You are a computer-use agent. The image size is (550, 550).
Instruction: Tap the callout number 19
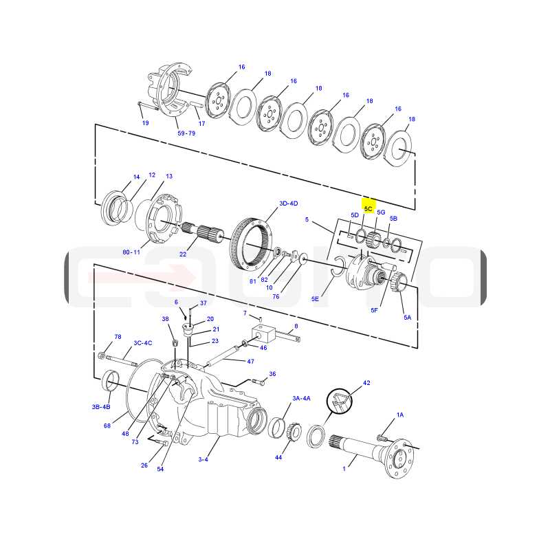coord(145,123)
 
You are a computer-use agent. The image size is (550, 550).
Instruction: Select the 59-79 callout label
coord(186,133)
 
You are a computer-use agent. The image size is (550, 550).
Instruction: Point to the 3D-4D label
coord(288,203)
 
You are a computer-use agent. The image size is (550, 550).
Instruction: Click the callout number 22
coord(183,254)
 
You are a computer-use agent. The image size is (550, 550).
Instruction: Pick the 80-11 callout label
coord(131,252)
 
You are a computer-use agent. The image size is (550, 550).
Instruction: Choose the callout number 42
coord(366,383)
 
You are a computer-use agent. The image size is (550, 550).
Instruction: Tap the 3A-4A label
coord(301,398)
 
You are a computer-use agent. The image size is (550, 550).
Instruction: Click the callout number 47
coord(250,361)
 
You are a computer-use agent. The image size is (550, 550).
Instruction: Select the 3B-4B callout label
coord(101,407)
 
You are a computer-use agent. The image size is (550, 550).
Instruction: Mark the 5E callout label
coord(315,299)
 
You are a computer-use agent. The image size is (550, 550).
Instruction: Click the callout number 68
coord(107,426)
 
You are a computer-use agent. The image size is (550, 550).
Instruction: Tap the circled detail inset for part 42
coord(339,401)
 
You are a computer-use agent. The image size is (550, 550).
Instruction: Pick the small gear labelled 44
coord(295,432)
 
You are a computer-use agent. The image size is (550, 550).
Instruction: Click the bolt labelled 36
coord(258,382)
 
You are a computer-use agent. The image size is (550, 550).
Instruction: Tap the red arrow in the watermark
coord(142,276)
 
